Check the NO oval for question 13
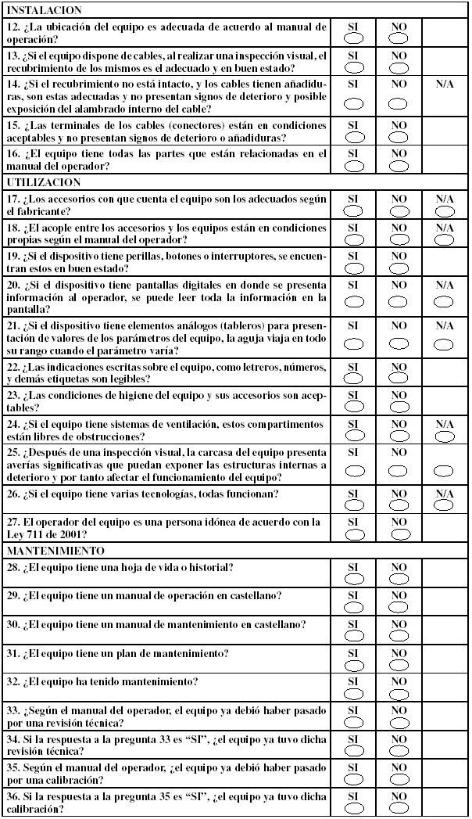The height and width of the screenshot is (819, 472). tap(399, 66)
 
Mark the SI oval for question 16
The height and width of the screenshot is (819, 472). tap(353, 165)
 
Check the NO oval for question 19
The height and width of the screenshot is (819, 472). tap(399, 267)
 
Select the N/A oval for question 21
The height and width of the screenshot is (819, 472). tap(445, 343)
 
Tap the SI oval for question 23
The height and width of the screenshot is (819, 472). tap(353, 406)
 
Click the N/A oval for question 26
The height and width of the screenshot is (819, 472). tap(445, 505)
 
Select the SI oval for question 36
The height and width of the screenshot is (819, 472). tap(353, 808)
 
